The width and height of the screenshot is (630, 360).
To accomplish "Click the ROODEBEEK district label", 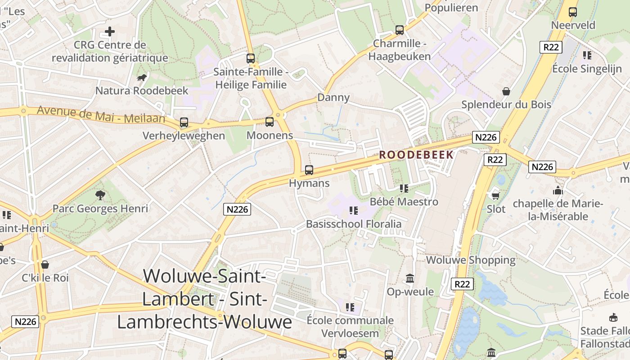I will pyautogui.click(x=416, y=155).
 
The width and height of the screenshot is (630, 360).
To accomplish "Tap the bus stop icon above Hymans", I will pyautogui.click(x=309, y=170).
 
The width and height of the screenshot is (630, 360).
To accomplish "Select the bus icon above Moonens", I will pyautogui.click(x=270, y=121).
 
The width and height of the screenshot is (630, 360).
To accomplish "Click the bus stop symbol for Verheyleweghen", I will pyautogui.click(x=184, y=122).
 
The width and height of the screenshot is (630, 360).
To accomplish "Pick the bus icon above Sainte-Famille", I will pyautogui.click(x=250, y=58).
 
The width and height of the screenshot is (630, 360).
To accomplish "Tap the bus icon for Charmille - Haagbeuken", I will pyautogui.click(x=399, y=30).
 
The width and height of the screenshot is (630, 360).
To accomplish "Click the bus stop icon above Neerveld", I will pyautogui.click(x=572, y=12).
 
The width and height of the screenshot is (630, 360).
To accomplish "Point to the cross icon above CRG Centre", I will pyautogui.click(x=110, y=31).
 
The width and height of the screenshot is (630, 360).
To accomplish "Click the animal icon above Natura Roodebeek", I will pyautogui.click(x=142, y=77).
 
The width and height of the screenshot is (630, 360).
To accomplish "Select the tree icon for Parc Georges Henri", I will pyautogui.click(x=100, y=195).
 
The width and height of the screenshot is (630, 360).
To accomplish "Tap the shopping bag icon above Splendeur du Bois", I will pyautogui.click(x=506, y=91).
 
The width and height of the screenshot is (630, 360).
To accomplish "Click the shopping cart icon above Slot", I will pyautogui.click(x=495, y=195).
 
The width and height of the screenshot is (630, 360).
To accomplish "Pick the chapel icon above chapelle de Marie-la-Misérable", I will pyautogui.click(x=558, y=190).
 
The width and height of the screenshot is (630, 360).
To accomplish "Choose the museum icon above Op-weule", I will pyautogui.click(x=410, y=279).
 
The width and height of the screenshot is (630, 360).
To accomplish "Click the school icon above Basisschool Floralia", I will pyautogui.click(x=354, y=210).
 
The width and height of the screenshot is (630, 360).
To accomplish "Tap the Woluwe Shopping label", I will pyautogui.click(x=471, y=260).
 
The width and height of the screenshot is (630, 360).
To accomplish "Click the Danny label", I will pyautogui.click(x=333, y=98).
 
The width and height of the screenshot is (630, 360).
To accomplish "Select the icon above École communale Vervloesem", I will pyautogui.click(x=350, y=307).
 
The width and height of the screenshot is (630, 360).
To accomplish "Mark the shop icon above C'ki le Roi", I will pyautogui.click(x=45, y=265).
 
